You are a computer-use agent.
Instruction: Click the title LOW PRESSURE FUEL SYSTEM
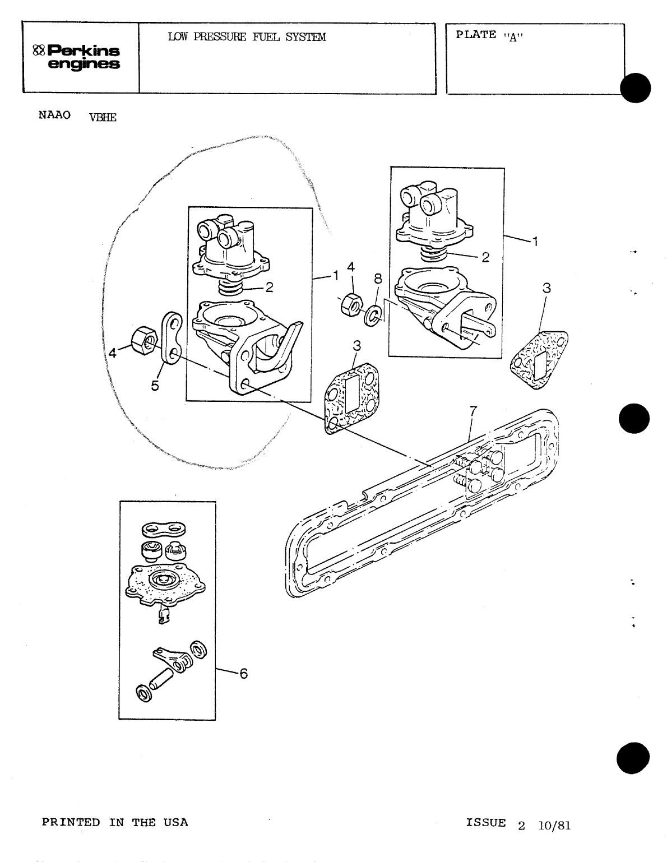click(x=247, y=38)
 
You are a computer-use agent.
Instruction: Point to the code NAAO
click(x=54, y=115)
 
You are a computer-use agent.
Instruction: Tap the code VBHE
click(x=103, y=117)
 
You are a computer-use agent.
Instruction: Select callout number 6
click(x=243, y=674)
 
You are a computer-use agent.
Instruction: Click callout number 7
click(x=473, y=411)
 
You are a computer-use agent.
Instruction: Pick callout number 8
click(x=378, y=279)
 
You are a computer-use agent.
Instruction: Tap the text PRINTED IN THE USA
click(x=115, y=822)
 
